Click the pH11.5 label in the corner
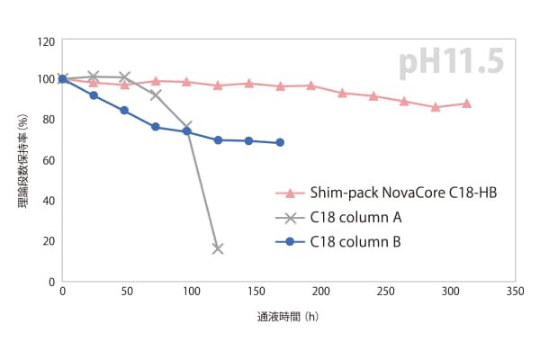coord(451,63)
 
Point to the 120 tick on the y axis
coord(45,41)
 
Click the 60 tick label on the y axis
coord(48,160)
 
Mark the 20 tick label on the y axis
coord(48,240)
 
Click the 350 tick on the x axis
coord(515,292)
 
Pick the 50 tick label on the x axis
coord(127,292)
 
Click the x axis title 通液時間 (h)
coord(287,317)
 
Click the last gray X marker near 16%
coord(217,248)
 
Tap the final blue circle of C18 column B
coord(280,142)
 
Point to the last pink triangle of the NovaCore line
coord(466,103)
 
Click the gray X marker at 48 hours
coord(124,77)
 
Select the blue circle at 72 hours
coord(156,127)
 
